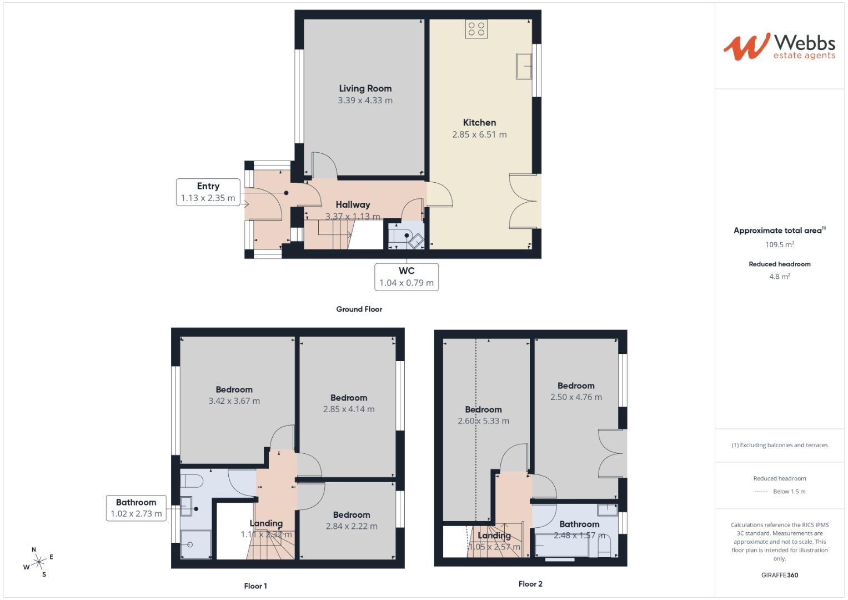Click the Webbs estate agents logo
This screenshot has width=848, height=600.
click(779, 47)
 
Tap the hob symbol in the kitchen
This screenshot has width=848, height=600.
click(476, 29)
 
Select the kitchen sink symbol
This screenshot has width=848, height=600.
click(524, 66)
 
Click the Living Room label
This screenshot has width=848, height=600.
click(365, 88)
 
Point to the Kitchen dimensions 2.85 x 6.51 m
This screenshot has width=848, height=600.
click(479, 134)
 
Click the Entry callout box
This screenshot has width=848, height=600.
click(208, 192)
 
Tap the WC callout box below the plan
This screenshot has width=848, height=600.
click(407, 277)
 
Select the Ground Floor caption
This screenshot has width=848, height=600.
click(359, 309)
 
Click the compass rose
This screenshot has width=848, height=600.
click(38, 562)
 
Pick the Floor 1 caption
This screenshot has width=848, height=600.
click(255, 586)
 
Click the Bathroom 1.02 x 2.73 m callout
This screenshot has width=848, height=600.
click(136, 508)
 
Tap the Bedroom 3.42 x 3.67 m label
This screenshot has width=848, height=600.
click(234, 395)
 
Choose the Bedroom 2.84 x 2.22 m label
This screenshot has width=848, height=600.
click(352, 521)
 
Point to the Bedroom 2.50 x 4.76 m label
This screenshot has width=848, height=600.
click(576, 391)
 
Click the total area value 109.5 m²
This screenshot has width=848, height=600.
click(779, 244)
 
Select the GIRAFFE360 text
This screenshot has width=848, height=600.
click(779, 575)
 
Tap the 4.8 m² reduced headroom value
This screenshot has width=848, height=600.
click(779, 276)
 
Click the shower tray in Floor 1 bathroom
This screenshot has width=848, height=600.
click(195, 544)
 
